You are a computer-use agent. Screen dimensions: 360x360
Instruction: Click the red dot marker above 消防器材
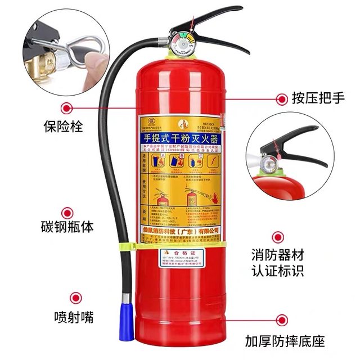[278, 237]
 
